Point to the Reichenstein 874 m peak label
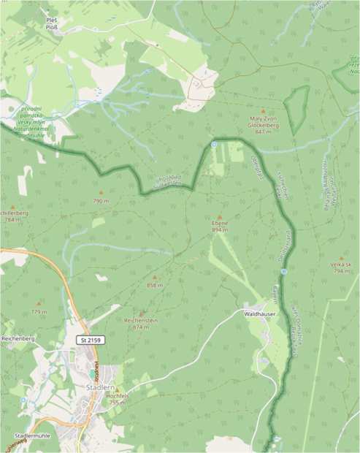coord(142,324)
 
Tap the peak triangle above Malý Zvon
coord(264,113)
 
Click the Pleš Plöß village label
coord(52,24)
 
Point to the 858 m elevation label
coord(153,285)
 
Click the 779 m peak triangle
coord(39,303)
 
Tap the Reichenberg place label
coord(18,339)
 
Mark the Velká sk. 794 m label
coord(341,268)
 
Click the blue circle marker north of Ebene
coord(214,145)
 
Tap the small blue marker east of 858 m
coord(283,272)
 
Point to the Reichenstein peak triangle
coord(142,313)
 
